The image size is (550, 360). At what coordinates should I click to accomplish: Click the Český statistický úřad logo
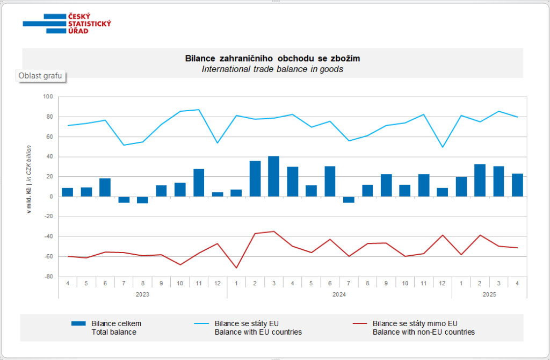(x=67, y=24)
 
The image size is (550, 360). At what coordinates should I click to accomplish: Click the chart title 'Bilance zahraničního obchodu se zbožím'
(x=272, y=58)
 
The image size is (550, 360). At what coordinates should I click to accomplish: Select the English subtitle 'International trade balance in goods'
(x=272, y=69)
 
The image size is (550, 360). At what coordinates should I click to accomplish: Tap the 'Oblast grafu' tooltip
(x=40, y=76)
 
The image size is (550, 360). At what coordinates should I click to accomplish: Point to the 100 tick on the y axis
(x=48, y=97)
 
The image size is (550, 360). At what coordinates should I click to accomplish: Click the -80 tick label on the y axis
(x=48, y=277)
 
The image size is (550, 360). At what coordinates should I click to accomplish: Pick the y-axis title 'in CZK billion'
(x=29, y=164)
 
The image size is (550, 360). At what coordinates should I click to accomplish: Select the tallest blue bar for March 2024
(x=273, y=176)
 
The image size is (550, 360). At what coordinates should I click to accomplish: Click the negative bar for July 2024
(x=349, y=200)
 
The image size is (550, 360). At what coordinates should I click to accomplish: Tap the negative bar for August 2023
(x=142, y=200)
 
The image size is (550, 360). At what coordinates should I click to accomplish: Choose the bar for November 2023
(x=199, y=183)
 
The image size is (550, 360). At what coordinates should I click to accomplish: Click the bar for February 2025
(x=480, y=181)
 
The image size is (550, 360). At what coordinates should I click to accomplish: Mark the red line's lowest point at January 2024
(x=236, y=268)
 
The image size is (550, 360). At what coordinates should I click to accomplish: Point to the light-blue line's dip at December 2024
(x=443, y=147)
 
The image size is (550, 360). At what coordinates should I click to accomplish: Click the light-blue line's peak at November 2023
(x=199, y=110)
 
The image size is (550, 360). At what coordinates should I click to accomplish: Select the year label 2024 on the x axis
(x=339, y=294)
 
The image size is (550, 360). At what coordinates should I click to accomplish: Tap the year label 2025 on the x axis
(x=489, y=294)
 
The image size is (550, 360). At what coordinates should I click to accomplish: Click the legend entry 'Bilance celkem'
(x=116, y=323)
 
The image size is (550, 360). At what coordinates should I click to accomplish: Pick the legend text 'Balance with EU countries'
(x=258, y=332)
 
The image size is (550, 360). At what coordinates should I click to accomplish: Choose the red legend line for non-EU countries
(x=360, y=323)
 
